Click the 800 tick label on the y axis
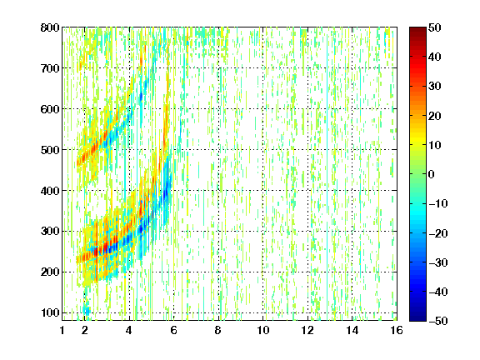(50, 27)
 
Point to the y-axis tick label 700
(50, 68)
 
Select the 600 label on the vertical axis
(50, 109)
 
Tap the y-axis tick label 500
(50, 150)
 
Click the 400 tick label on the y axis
(50, 191)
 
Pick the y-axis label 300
(50, 232)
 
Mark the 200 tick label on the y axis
(50, 272)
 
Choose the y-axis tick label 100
(50, 312)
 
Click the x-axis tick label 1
(62, 330)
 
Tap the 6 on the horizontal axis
(173, 330)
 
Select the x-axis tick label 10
(263, 330)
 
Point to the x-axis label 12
(307, 330)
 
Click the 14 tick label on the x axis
(352, 330)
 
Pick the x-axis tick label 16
(397, 330)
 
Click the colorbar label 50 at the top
(434, 27)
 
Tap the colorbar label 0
(431, 174)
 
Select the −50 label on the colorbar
(438, 321)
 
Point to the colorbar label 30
(434, 87)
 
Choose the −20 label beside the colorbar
(438, 233)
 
